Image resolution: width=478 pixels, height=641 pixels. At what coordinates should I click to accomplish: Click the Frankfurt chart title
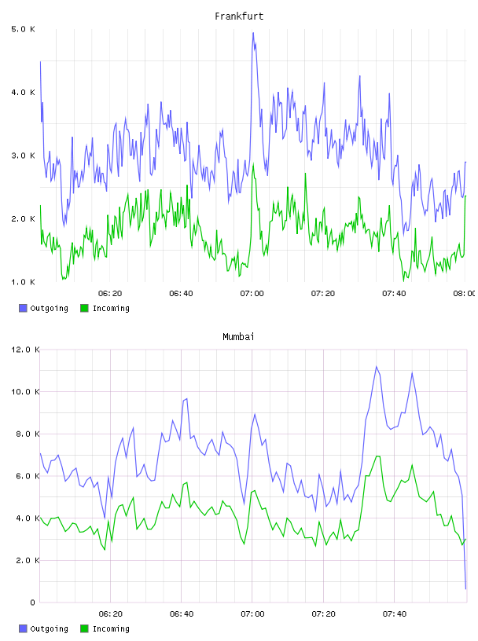(x=239, y=16)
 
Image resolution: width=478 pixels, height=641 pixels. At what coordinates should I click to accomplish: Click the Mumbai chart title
(x=238, y=337)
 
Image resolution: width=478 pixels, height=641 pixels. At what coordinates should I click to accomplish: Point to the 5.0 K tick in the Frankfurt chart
(x=24, y=29)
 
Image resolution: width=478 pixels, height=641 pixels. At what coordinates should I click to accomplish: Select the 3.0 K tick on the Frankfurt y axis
(x=24, y=156)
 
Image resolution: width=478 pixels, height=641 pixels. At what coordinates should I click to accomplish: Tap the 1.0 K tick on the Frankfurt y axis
(x=24, y=282)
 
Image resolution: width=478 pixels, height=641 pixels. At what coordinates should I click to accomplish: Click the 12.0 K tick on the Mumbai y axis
(x=25, y=350)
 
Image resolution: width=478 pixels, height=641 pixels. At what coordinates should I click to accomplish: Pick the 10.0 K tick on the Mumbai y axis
(x=25, y=392)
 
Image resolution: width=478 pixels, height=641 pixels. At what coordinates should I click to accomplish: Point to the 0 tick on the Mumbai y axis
(x=33, y=603)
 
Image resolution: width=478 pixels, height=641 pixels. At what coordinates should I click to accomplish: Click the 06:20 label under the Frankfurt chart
(x=110, y=294)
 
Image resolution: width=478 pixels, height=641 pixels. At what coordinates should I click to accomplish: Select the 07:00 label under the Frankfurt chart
(x=252, y=294)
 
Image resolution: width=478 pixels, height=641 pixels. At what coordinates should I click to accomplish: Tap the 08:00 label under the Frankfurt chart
(x=464, y=294)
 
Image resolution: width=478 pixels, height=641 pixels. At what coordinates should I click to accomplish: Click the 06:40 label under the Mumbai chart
(x=182, y=614)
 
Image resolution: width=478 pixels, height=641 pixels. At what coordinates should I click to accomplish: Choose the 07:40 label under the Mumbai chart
(x=394, y=614)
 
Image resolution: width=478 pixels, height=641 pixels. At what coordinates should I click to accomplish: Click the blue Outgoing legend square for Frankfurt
(x=23, y=308)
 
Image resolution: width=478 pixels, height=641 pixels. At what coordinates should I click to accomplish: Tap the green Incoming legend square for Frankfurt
(x=84, y=308)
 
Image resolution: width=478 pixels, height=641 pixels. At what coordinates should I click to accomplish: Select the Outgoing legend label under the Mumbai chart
(x=49, y=628)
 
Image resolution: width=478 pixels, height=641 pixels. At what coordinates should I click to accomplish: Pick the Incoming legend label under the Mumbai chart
(x=111, y=628)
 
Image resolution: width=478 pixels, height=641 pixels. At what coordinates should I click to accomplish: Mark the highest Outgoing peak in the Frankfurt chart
(x=253, y=33)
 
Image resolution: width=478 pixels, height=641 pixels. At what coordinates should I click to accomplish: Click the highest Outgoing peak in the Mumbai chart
(x=376, y=366)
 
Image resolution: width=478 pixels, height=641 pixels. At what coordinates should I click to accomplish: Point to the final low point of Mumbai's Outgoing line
(x=465, y=589)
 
